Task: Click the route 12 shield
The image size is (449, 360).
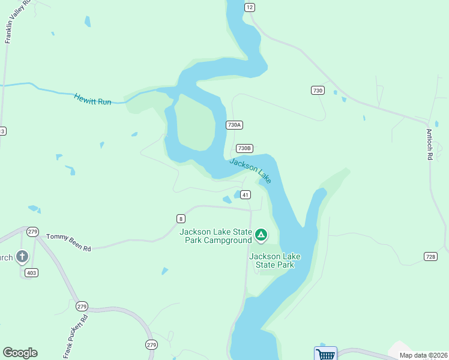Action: click(250, 7)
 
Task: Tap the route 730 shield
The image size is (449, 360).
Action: click(318, 90)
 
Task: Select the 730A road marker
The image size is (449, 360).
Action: click(234, 125)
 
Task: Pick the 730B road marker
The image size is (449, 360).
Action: click(244, 148)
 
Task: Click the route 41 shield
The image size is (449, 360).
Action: click(246, 194)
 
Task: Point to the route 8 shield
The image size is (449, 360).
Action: click(181, 218)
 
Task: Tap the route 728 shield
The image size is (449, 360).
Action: click(430, 256)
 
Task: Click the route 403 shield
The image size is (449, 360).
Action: click(31, 273)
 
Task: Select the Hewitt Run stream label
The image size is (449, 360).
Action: click(93, 99)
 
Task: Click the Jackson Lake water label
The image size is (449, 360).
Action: click(250, 170)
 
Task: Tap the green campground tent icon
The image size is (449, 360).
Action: click(261, 235)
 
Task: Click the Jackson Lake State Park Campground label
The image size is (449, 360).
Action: click(215, 236)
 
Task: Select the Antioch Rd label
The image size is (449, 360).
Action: click(430, 145)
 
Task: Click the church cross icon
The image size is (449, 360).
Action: click(22, 257)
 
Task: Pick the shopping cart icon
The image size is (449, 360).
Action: click(325, 354)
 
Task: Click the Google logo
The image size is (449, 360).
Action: click(20, 353)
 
